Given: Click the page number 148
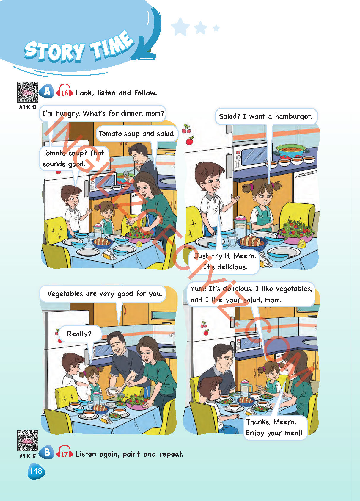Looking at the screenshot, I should tap(36, 471).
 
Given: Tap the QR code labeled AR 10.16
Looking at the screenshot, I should tap(28, 92).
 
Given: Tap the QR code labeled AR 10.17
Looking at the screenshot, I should tap(28, 441).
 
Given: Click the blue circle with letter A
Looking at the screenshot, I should tap(47, 91).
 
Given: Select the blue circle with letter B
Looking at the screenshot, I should tap(47, 453).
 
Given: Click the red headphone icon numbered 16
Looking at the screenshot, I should tap(65, 91).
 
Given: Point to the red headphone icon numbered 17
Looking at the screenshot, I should tap(65, 453).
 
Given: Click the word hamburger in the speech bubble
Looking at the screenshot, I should tap(293, 116).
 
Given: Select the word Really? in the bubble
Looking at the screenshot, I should tap(79, 334).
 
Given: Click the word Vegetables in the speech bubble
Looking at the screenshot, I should tap(65, 294).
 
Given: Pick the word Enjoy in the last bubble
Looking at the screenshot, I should tap(255, 433).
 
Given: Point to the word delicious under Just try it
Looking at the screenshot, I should tap(232, 267).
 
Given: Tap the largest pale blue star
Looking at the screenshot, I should tap(180, 27).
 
